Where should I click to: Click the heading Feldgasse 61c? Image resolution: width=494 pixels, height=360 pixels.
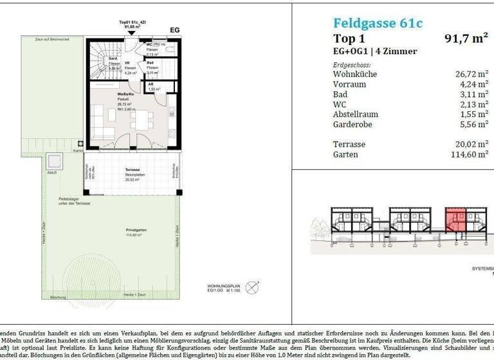coord(378,24)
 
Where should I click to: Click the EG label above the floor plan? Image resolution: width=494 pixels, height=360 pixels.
coord(174,30)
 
